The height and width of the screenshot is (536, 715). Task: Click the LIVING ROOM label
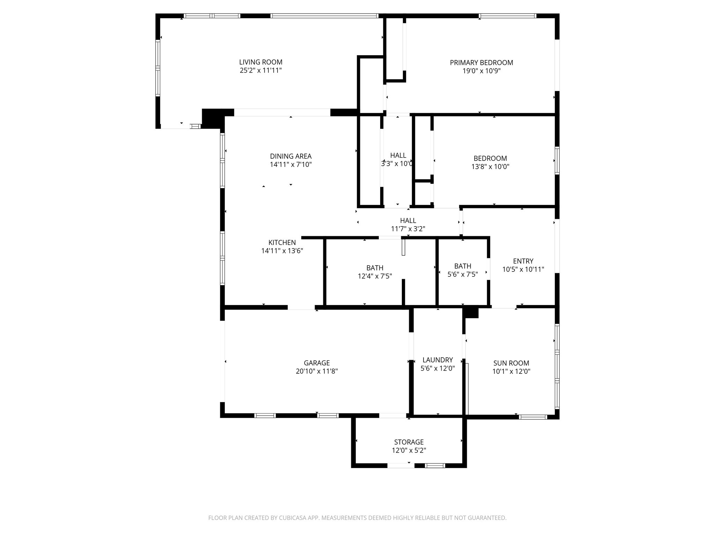pyautogui.click(x=260, y=62)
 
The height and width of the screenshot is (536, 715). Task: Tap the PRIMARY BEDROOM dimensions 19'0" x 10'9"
pyautogui.click(x=481, y=71)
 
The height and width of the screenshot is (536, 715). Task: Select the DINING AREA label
pyautogui.click(x=290, y=156)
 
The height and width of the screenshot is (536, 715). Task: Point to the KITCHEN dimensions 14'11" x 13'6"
pyautogui.click(x=282, y=251)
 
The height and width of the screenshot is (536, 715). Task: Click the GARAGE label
pyautogui.click(x=316, y=363)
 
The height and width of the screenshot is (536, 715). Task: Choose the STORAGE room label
pyautogui.click(x=408, y=442)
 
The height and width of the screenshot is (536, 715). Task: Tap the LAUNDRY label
pyautogui.click(x=437, y=360)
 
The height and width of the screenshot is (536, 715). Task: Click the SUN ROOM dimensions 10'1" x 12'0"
pyautogui.click(x=511, y=371)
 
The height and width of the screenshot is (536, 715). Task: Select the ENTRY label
pyautogui.click(x=523, y=261)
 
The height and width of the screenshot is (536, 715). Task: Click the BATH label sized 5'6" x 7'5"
pyautogui.click(x=463, y=266)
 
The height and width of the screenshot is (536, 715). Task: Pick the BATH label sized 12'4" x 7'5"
pyautogui.click(x=375, y=268)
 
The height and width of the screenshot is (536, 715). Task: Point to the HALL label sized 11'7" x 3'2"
pyautogui.click(x=408, y=221)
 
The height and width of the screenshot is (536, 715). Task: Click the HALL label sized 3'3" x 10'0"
pyautogui.click(x=398, y=155)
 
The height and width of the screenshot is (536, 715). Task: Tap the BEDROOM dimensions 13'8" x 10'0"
pyautogui.click(x=490, y=166)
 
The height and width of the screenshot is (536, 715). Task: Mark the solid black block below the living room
pyautogui.click(x=213, y=118)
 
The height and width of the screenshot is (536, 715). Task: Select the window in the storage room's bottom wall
pyautogui.click(x=435, y=465)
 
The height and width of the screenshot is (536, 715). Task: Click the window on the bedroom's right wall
pyautogui.click(x=557, y=161)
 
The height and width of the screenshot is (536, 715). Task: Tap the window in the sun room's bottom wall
pyautogui.click(x=532, y=417)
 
